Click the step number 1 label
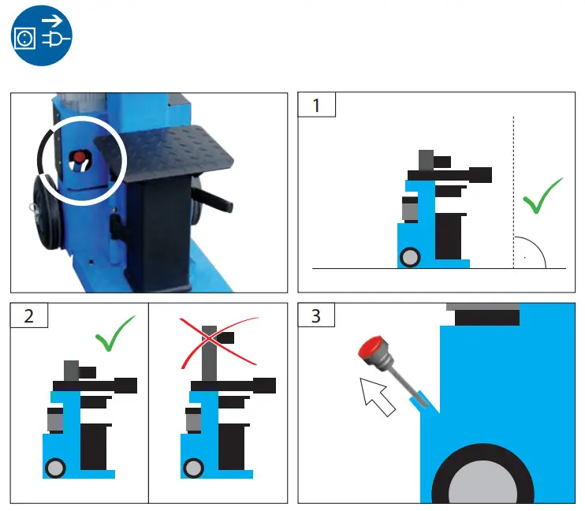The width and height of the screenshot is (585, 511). (x=317, y=105)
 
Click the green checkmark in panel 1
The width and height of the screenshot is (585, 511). (x=542, y=197)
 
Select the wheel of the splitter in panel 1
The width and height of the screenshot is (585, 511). (x=411, y=256)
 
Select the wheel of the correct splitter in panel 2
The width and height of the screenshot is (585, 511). (x=54, y=468)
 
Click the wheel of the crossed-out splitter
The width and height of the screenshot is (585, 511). (x=193, y=468)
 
